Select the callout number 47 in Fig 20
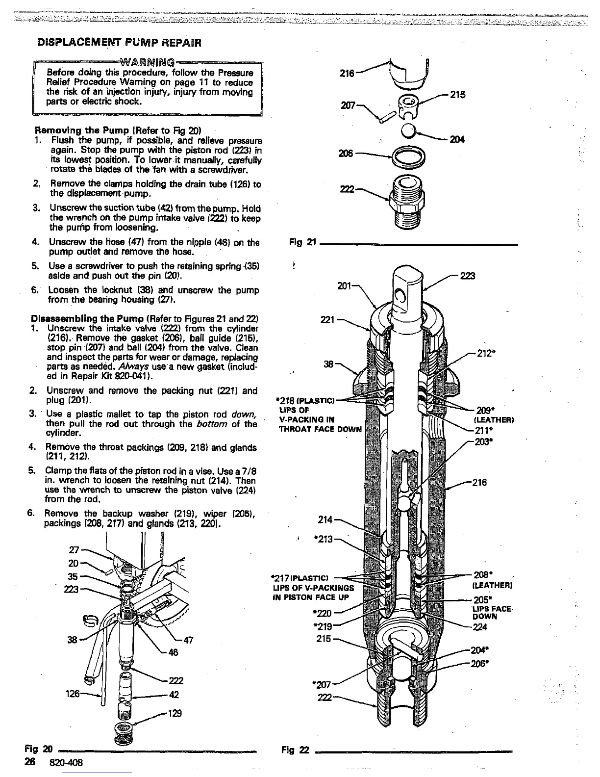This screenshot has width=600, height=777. pyautogui.click(x=188, y=640)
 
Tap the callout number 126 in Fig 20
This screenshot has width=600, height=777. pyautogui.click(x=71, y=694)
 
